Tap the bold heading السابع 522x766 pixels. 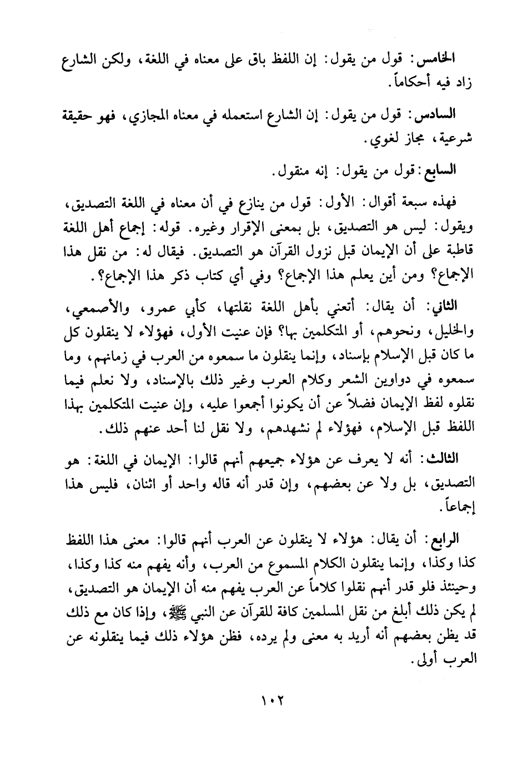pyautogui.click(x=440, y=171)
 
